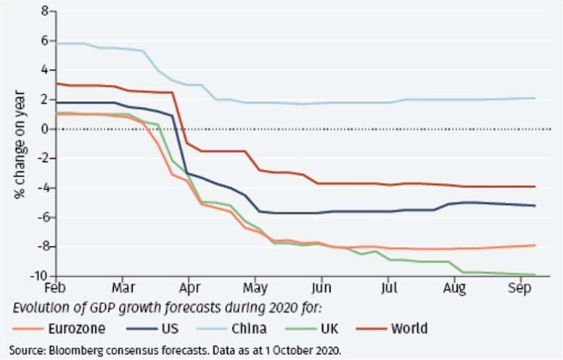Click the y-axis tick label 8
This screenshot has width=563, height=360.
tap(46, 12)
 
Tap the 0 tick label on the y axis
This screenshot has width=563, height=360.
tap(46, 129)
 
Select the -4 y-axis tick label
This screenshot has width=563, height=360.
tap(44, 188)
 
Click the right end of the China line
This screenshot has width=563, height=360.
tap(535, 98)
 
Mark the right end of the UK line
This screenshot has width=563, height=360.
tap(535, 274)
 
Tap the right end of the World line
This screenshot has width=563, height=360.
tap(535, 187)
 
